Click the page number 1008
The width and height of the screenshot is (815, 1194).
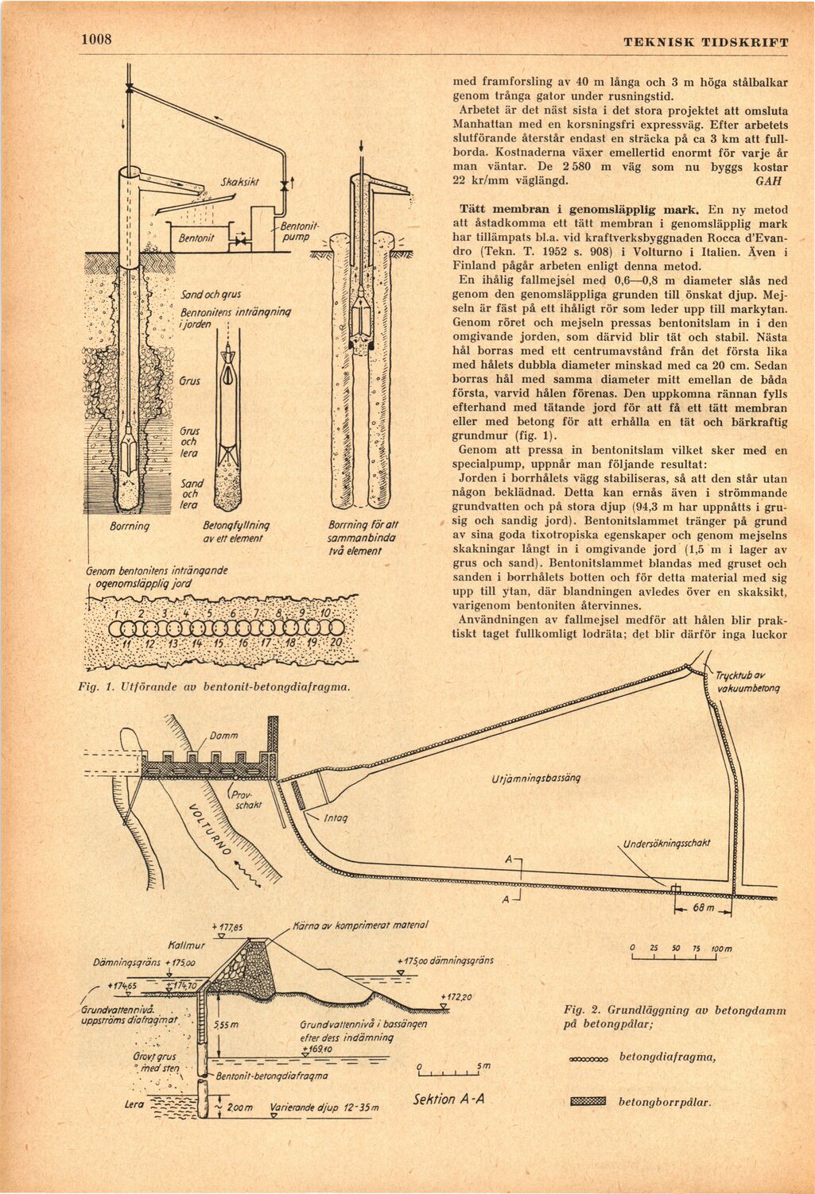[95, 40]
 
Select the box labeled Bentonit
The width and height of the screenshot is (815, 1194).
[195, 238]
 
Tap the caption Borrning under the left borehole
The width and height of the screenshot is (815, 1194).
[130, 526]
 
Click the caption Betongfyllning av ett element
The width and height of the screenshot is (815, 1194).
[236, 531]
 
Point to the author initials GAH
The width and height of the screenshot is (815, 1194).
[766, 180]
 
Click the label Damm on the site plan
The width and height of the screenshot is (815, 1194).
[224, 736]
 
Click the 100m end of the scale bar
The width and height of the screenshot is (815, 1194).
[721, 949]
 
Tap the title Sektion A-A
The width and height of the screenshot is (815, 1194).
[449, 1099]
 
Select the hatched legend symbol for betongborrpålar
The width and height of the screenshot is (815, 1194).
[588, 1101]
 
